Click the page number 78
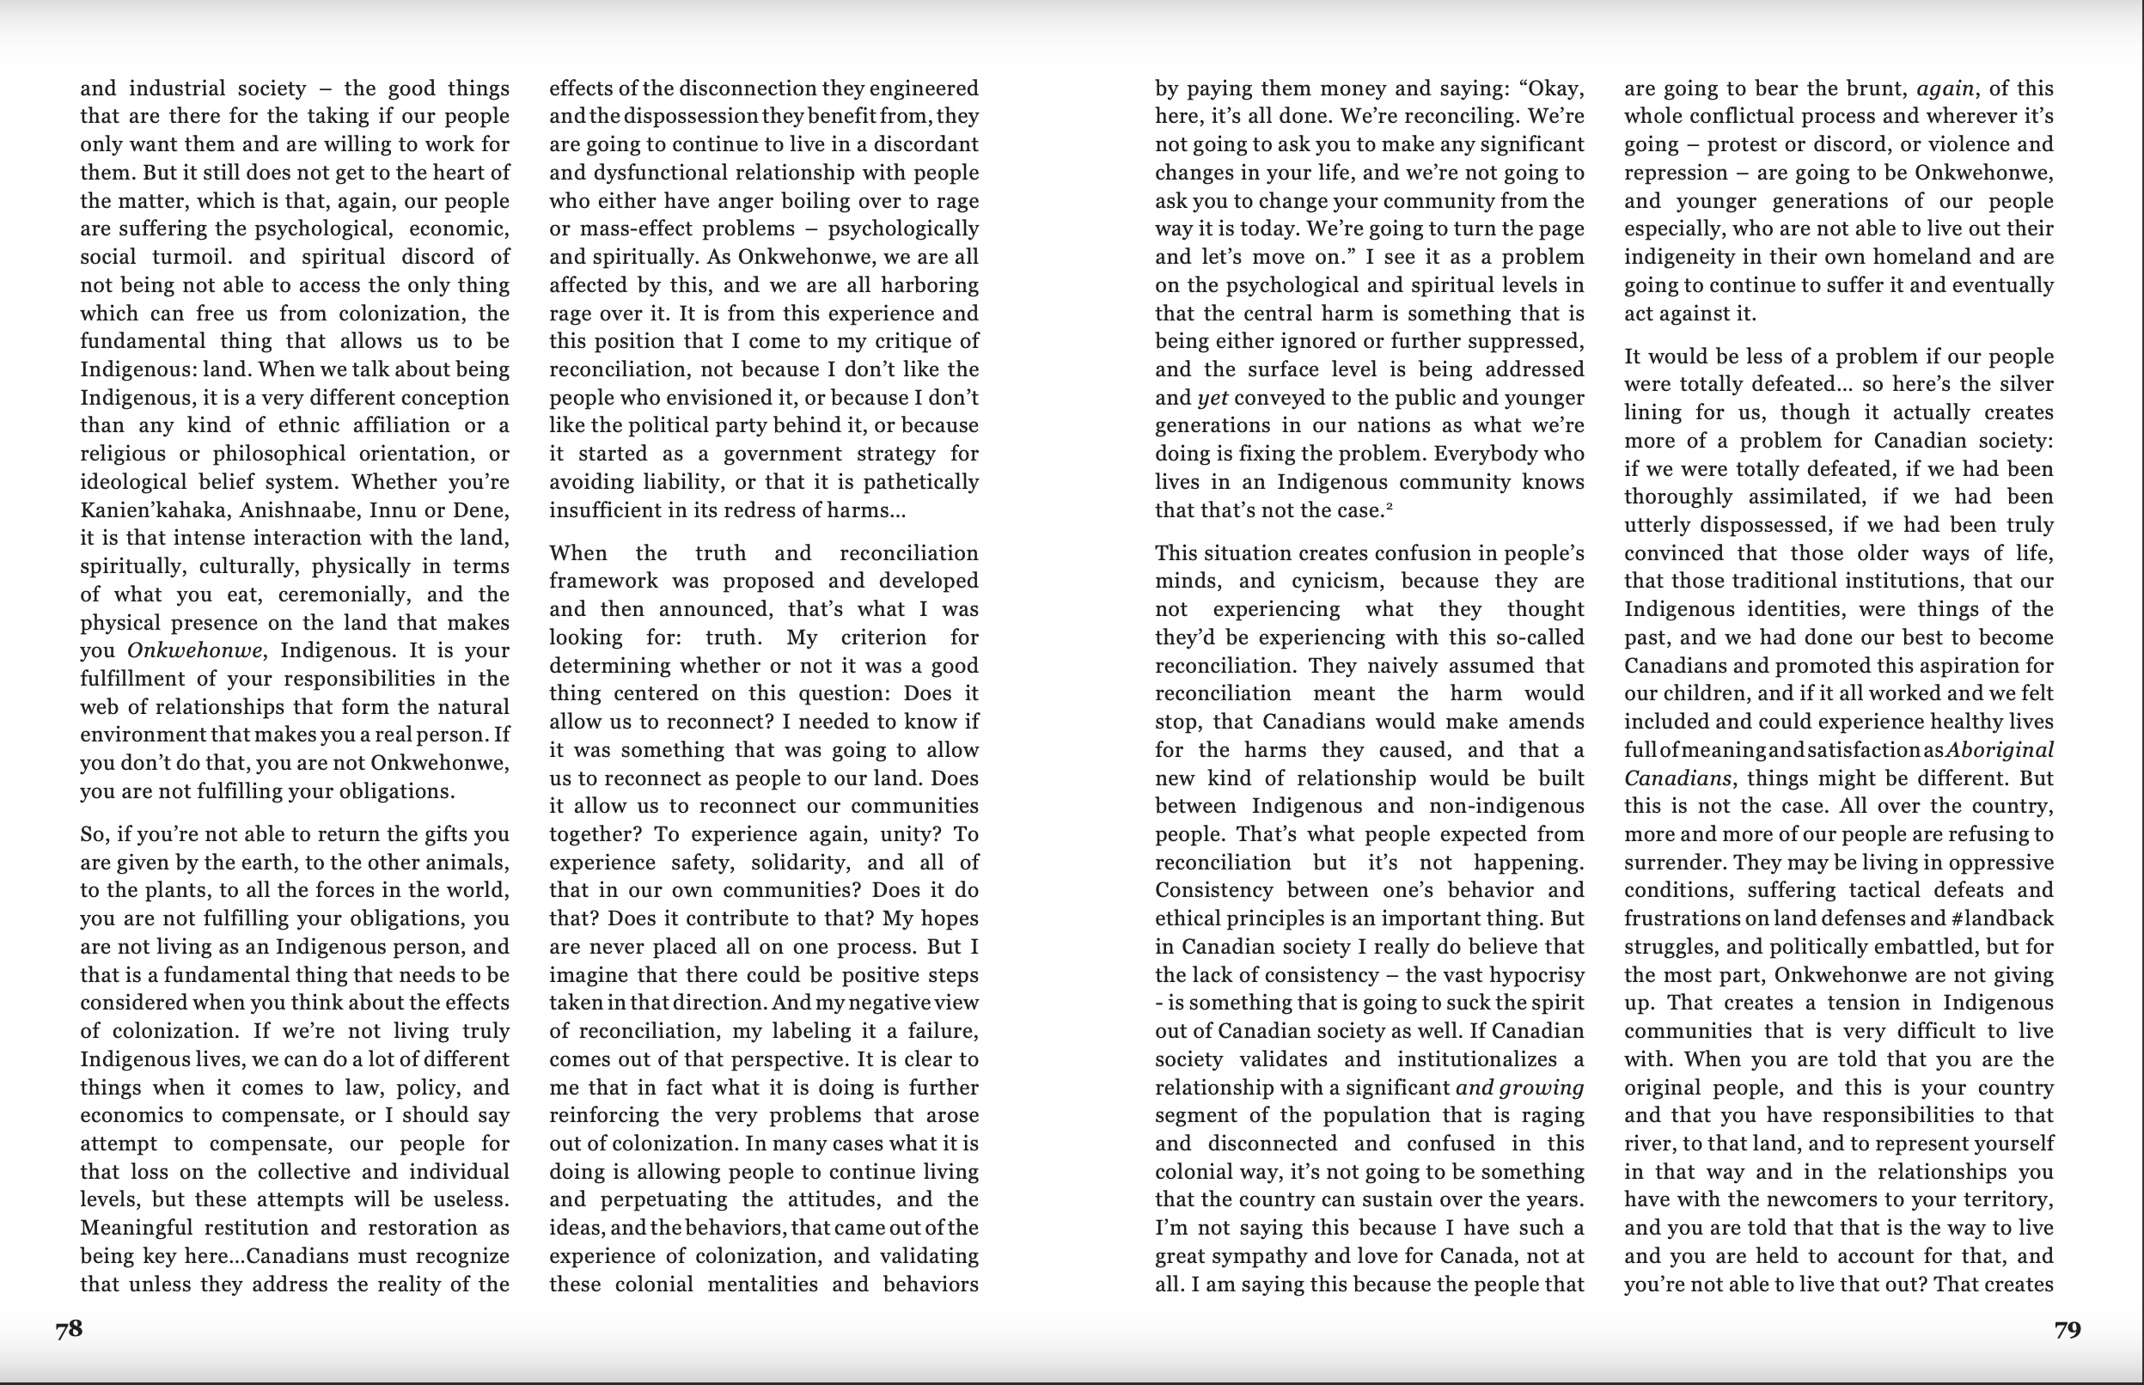point(70,1329)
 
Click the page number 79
point(2068,1329)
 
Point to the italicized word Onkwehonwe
point(194,650)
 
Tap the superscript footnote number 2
point(1390,506)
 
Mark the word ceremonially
point(351,595)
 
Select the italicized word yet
point(1212,398)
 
